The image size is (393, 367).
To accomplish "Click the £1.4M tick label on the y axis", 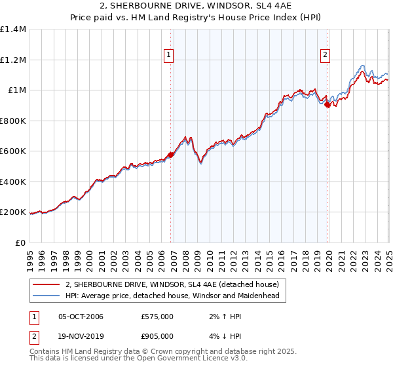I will click(x=13, y=29).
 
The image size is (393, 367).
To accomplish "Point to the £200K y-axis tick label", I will click(x=13, y=212).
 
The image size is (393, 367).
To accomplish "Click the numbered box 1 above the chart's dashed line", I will click(x=169, y=56).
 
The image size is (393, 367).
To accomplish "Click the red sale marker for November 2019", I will click(x=327, y=104).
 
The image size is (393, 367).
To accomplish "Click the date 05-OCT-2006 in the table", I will click(x=81, y=317).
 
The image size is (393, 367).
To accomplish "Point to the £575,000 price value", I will click(x=157, y=317).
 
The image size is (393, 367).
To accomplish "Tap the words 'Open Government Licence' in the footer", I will click(x=176, y=359).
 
